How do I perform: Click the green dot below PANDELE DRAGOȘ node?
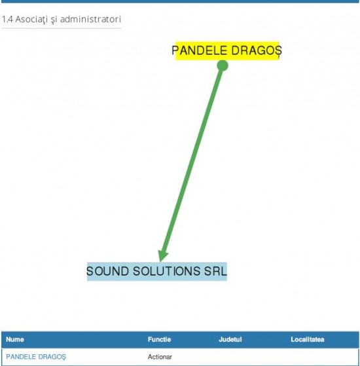223,65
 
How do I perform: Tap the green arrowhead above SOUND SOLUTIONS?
162,256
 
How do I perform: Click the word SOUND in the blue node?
107,271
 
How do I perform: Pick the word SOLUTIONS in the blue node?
167,271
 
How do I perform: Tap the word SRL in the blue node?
215,271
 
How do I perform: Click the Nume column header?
15,339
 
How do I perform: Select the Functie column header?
159,339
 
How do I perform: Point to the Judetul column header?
230,339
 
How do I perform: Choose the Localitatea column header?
308,339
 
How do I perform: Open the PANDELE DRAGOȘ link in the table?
36,357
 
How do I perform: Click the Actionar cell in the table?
160,357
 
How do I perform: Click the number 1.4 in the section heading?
7,19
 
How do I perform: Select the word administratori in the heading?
90,19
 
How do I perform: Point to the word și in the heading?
54,20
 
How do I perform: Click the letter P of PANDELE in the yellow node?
175,50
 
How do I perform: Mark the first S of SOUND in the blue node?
90,271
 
